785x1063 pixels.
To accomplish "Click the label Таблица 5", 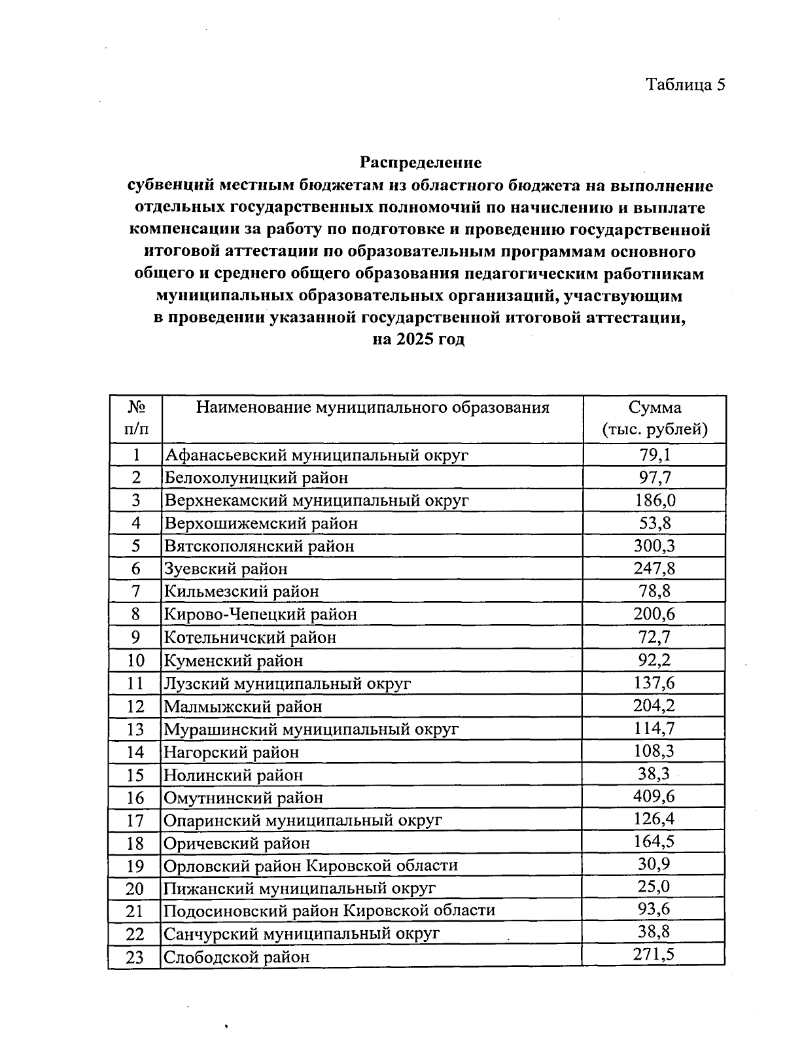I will (686, 84).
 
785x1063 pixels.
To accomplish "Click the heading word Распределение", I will (421, 162).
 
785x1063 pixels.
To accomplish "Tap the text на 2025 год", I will (419, 340).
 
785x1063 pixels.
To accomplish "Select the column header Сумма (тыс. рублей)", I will (655, 419).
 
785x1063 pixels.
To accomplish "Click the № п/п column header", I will (135, 419).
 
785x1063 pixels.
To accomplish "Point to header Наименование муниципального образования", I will (373, 408).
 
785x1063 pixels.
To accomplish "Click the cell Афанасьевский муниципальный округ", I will (317, 455).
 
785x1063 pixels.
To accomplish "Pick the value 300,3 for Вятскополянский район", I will (655, 546).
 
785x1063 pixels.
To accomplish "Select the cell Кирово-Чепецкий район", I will (260, 614).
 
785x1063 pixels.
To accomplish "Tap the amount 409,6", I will (655, 797).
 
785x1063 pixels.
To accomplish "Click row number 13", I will (135, 729).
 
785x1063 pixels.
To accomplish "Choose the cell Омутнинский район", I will (243, 797).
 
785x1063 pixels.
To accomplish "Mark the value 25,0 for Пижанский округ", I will (655, 888).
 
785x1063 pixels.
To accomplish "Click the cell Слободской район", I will (236, 957).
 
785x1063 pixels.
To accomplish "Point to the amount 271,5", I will (655, 954).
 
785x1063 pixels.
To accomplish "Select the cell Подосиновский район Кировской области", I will (329, 911).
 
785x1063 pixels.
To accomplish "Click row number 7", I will (135, 591).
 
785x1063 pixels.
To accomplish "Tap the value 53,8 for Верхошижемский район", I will (655, 523).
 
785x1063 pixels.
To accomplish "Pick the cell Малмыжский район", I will (243, 706).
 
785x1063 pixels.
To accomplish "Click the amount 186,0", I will (655, 500).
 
